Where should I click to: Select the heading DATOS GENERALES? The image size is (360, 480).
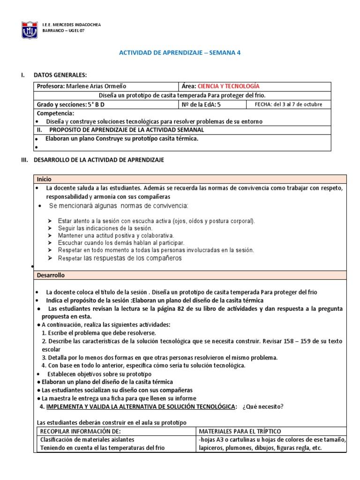click(60, 75)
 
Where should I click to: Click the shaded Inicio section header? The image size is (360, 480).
click(44, 179)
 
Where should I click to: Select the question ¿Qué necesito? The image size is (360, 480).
click(263, 406)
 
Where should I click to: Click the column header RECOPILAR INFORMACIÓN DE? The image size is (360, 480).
click(81, 431)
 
